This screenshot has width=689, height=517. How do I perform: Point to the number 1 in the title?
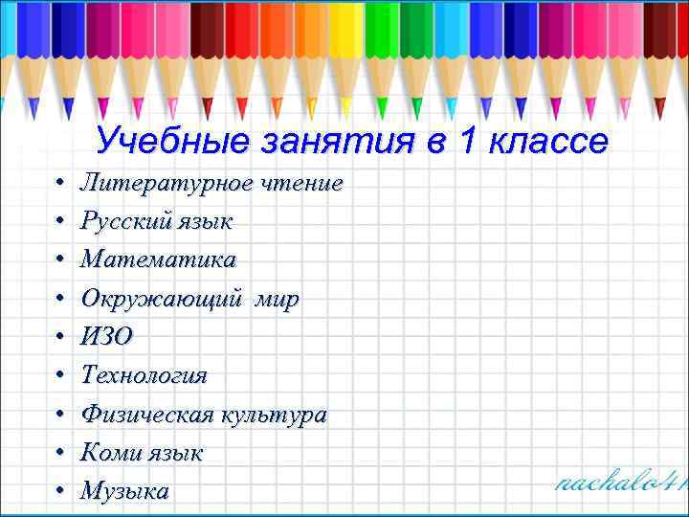tap(466, 142)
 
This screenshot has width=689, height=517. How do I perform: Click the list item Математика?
tap(158, 259)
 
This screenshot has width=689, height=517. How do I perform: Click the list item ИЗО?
tap(107, 336)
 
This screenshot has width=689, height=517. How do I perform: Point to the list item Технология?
tap(144, 374)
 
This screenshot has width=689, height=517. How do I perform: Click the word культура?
tap(275, 415)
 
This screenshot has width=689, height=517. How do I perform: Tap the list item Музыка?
tap(124, 491)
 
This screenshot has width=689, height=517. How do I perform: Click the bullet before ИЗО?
tap(59, 337)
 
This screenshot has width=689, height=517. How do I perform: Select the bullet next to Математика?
tap(59, 260)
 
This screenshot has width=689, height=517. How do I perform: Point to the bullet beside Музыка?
tap(59, 491)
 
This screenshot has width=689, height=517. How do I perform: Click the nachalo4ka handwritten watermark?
tap(621, 481)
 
